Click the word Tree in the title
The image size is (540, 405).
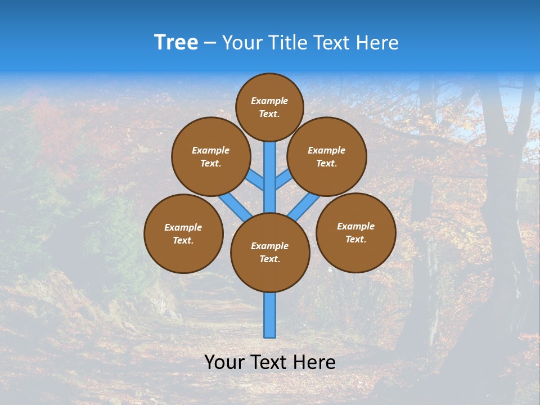pos(176,42)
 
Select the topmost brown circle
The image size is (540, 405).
pos(269,107)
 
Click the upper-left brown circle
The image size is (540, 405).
pos(211,156)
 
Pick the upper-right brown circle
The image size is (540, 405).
pos(327,156)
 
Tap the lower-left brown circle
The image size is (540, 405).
pos(183,233)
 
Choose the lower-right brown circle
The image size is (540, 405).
pos(355,232)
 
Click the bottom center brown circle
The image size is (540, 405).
pos(270,252)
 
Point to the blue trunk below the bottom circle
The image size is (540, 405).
pos(270,315)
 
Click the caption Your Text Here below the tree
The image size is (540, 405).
pos(270,362)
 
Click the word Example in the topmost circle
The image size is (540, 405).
pos(269,101)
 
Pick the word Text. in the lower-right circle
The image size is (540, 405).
pos(355,239)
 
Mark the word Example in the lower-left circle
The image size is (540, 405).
pos(183,227)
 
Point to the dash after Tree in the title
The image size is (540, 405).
pos(210,43)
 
